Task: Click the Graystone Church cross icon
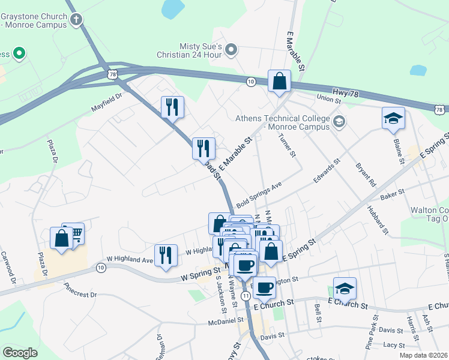click(x=76, y=20)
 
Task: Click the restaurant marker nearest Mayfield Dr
click(x=172, y=107)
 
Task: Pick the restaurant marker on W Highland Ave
click(x=166, y=254)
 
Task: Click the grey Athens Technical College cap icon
click(x=339, y=122)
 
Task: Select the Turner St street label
click(x=288, y=145)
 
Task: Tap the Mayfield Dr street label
click(x=107, y=101)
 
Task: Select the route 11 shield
click(x=246, y=296)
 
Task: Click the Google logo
click(x=20, y=353)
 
